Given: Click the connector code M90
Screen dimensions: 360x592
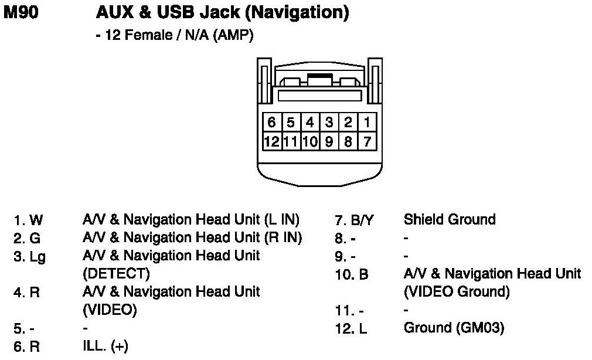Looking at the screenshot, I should pyautogui.click(x=22, y=13).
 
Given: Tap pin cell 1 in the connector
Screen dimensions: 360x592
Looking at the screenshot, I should pyautogui.click(x=366, y=122).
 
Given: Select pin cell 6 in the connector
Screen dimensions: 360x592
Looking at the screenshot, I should pyautogui.click(x=271, y=122).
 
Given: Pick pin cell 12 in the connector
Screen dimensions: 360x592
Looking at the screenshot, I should pyautogui.click(x=271, y=141).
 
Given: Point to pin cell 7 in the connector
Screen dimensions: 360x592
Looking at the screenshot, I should pyautogui.click(x=366, y=141).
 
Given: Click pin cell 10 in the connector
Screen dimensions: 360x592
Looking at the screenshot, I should pyautogui.click(x=310, y=141).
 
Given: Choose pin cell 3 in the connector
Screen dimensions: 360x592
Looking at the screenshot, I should pyautogui.click(x=329, y=122).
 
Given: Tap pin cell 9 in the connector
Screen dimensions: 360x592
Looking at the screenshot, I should pyautogui.click(x=329, y=141).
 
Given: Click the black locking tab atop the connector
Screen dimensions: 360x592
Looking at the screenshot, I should pyautogui.click(x=318, y=76).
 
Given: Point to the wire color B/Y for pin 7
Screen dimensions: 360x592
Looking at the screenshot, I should pyautogui.click(x=362, y=221).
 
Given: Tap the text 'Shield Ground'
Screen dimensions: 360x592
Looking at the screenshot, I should pyautogui.click(x=450, y=220).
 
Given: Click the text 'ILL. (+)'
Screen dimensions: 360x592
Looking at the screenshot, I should pyautogui.click(x=106, y=346).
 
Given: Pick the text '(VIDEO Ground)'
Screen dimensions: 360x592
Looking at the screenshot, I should pyautogui.click(x=457, y=291).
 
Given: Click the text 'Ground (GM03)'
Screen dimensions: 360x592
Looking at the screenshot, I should pyautogui.click(x=454, y=328).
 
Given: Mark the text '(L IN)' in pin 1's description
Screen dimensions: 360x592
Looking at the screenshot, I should pyautogui.click(x=281, y=220).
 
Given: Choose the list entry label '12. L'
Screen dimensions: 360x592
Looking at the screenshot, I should pyautogui.click(x=352, y=329).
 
